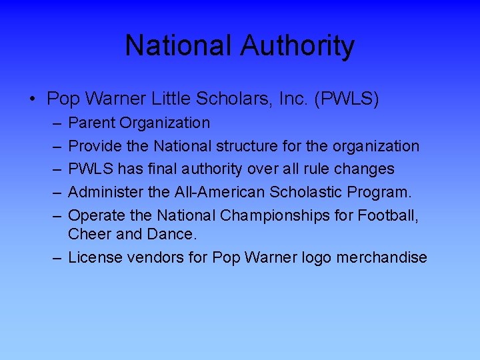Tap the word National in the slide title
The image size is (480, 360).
coord(179,46)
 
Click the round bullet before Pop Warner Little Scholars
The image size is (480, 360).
coord(33,101)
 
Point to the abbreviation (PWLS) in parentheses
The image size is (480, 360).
coord(348,99)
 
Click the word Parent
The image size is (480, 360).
coord(93,123)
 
